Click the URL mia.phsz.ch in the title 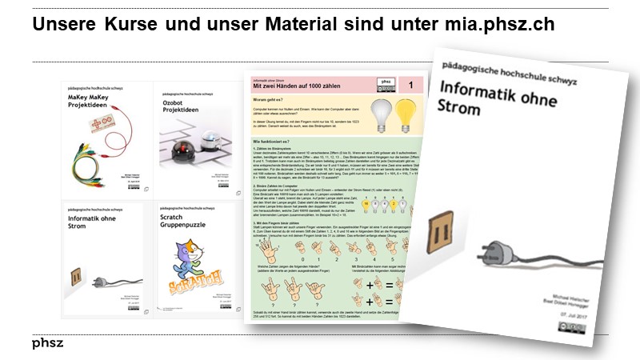pyautogui.click(x=499, y=25)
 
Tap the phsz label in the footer pyautogui.click(x=48, y=343)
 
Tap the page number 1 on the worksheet pyautogui.click(x=410, y=84)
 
